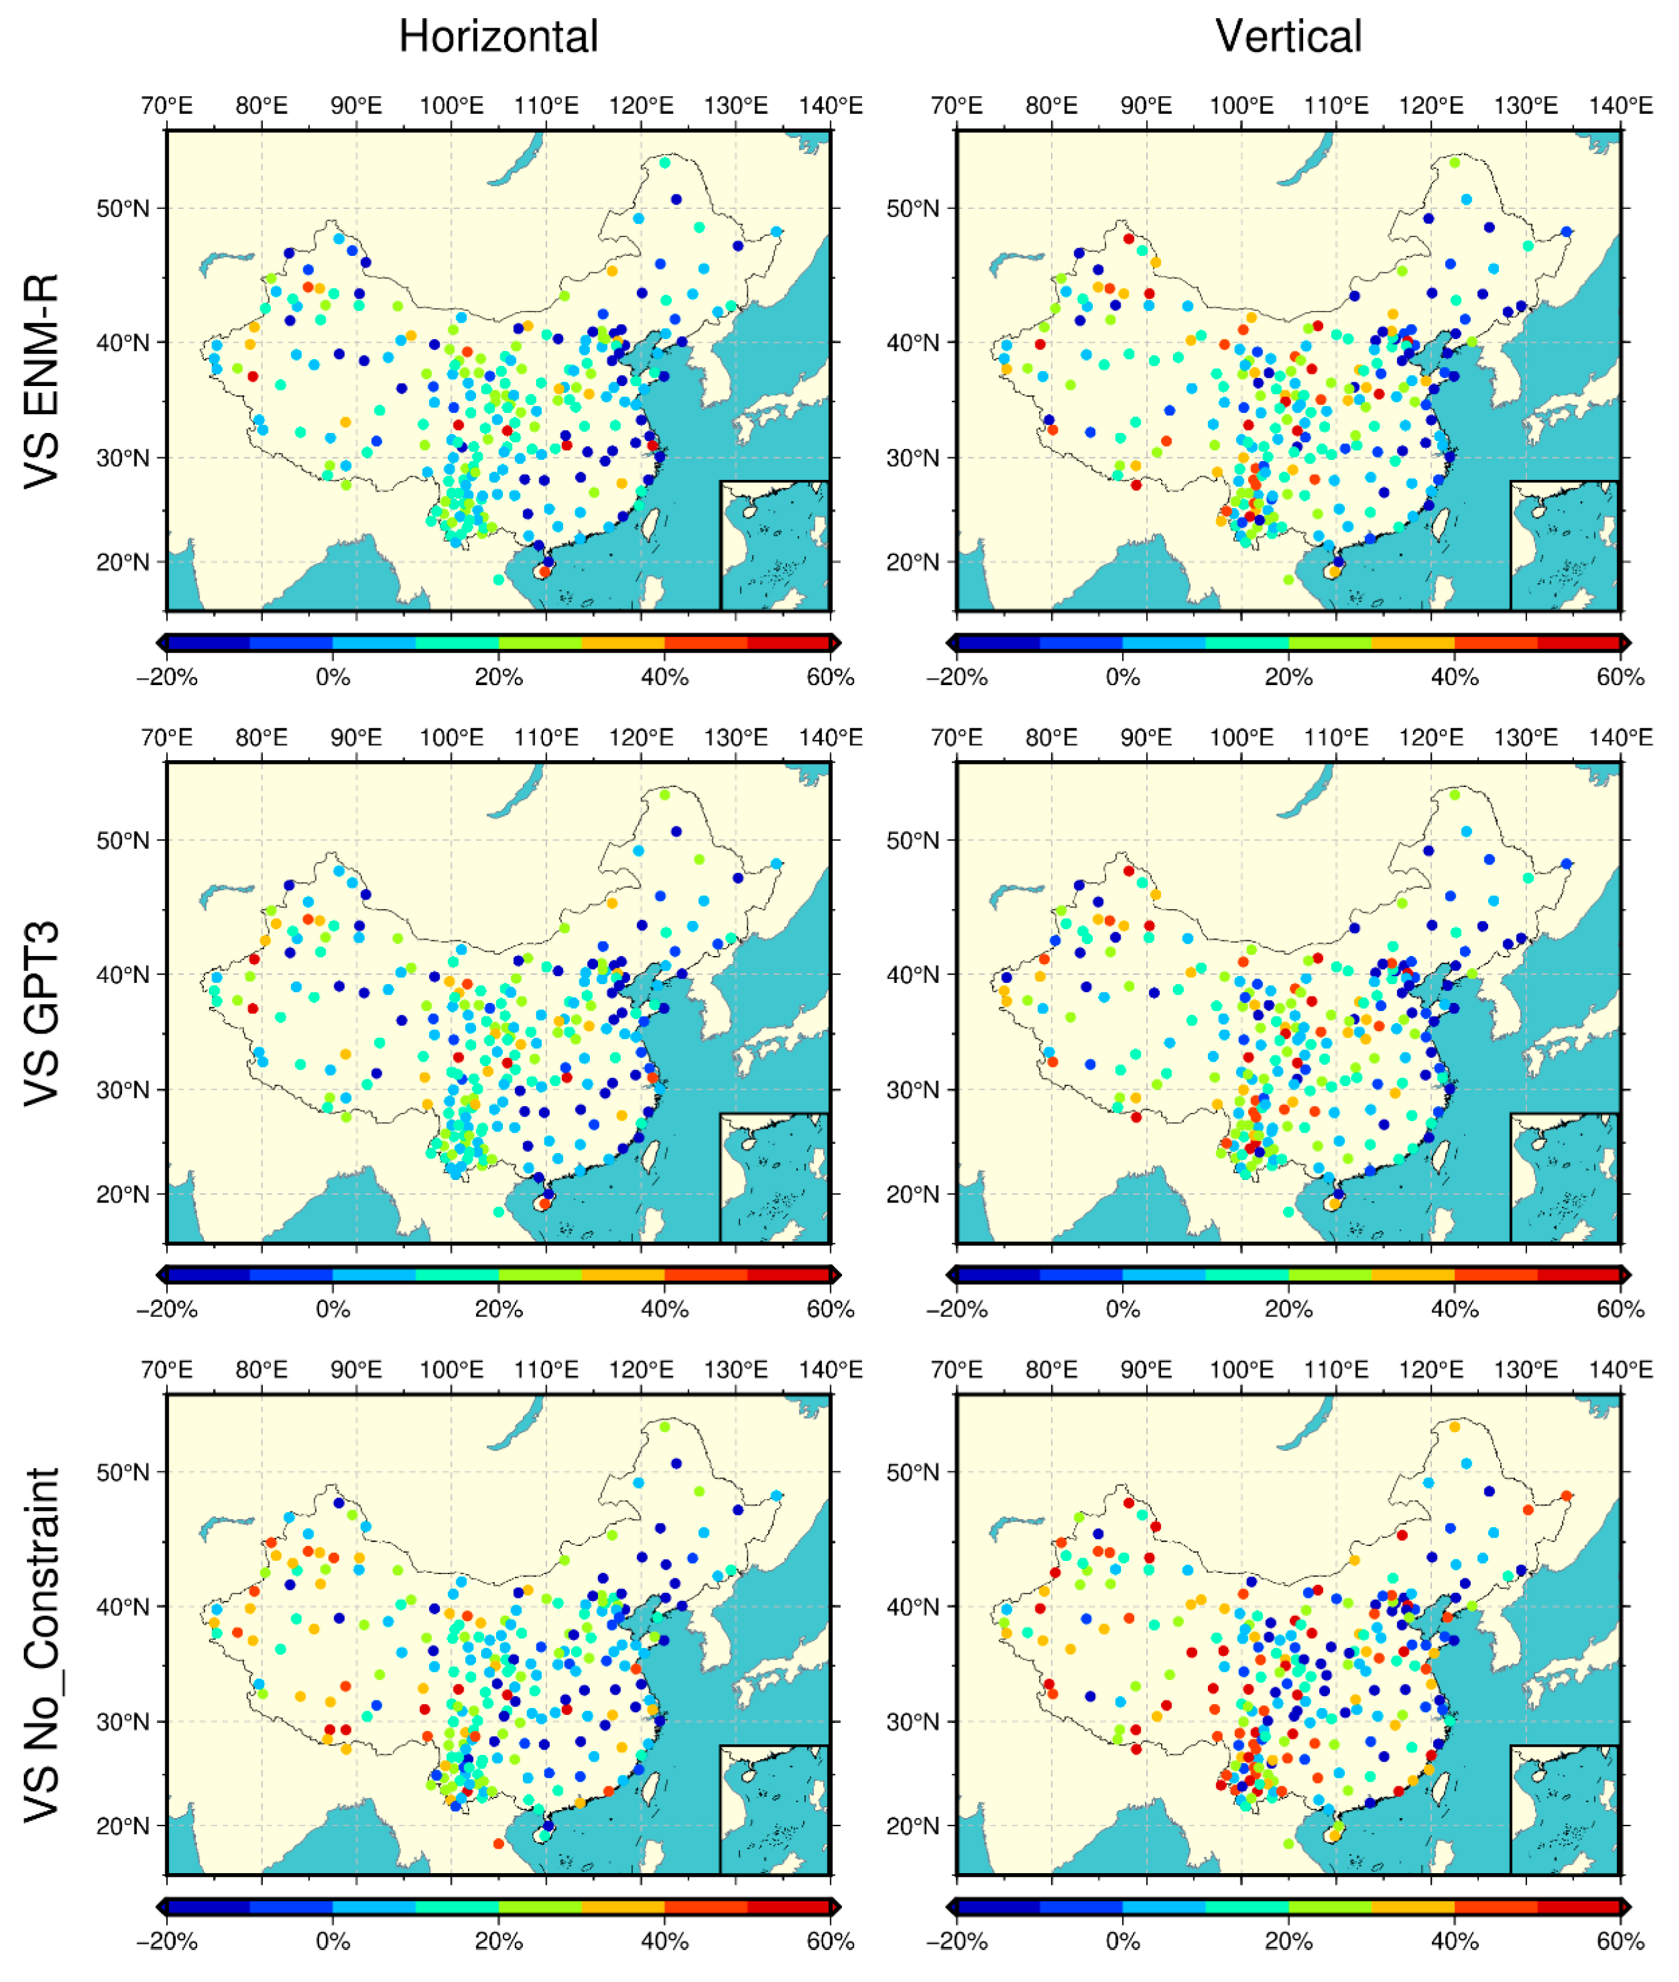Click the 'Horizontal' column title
click(498, 37)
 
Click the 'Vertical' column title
click(1288, 37)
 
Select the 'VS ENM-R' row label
click(42, 381)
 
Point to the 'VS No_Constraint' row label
click(42, 1645)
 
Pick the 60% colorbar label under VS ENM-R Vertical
click(1620, 677)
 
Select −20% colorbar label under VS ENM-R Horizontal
click(166, 677)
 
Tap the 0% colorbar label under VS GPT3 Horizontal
click(332, 1309)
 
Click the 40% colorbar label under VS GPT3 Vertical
click(1454, 1309)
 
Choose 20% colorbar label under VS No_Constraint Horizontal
click(498, 1941)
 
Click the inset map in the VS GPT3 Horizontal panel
click(774, 1177)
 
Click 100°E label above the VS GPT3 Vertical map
click(1241, 738)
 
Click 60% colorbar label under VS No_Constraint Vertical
click(1620, 1941)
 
